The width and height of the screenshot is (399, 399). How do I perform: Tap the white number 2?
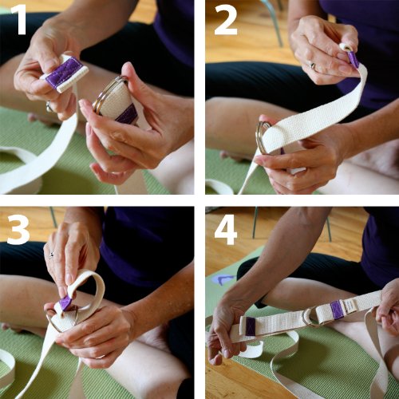point(226,20)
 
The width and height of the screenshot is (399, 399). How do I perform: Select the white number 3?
point(18,229)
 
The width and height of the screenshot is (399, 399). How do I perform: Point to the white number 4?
point(226,229)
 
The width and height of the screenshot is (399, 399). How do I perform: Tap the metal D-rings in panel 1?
point(109,93)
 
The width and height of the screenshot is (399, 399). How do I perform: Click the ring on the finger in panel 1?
point(49,106)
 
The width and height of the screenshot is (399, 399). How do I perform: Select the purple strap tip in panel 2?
point(354,59)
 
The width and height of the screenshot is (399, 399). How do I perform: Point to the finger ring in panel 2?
point(312,65)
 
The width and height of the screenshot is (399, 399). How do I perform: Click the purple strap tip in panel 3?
point(66,303)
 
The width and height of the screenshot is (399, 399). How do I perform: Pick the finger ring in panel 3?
point(51,255)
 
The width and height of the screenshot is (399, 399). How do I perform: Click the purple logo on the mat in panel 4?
point(221,279)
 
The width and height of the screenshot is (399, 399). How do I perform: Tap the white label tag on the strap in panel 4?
point(350,306)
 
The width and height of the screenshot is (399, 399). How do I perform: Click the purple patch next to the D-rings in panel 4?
point(337,309)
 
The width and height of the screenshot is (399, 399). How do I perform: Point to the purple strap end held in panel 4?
point(250,326)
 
